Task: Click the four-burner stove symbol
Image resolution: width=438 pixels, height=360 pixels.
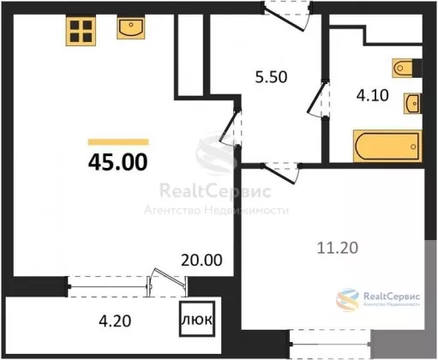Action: [x=81, y=31]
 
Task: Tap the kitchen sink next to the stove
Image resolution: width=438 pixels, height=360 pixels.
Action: [x=131, y=27]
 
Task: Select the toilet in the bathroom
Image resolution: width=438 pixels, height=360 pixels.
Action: [x=403, y=68]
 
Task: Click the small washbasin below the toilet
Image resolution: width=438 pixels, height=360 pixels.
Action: [x=412, y=103]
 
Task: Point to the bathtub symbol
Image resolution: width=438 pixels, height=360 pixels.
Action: [x=387, y=146]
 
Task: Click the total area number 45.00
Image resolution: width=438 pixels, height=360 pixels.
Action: [x=118, y=162]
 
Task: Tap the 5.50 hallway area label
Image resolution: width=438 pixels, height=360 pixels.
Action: [x=271, y=77]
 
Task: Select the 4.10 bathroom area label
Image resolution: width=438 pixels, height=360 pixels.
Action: [x=373, y=95]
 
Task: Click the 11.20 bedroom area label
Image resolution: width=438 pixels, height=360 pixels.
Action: [x=338, y=248]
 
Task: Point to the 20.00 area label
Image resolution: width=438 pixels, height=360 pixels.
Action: [x=201, y=260]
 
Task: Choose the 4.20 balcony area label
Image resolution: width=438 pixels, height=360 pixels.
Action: [x=115, y=321]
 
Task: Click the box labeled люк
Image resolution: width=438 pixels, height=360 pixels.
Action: [x=197, y=319]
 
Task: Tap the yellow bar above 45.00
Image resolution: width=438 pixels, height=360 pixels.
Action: [x=118, y=142]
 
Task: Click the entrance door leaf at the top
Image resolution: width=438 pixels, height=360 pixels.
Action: [x=284, y=20]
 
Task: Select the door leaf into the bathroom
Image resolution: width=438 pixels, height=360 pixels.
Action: [x=316, y=97]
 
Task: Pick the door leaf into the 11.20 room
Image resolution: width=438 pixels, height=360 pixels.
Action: [x=279, y=174]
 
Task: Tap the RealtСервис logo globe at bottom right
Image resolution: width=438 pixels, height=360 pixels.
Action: [x=347, y=299]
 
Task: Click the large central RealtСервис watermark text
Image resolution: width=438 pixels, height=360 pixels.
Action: [x=215, y=191]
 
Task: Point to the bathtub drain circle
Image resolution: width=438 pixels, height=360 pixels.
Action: [x=413, y=147]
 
